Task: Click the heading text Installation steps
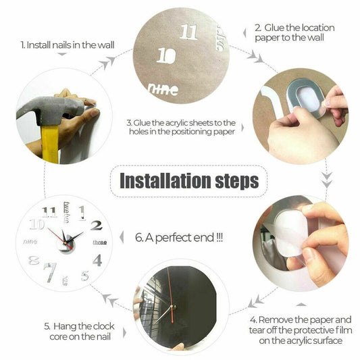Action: [x=188, y=181]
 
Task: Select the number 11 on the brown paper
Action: [x=190, y=32]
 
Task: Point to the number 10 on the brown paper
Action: [x=166, y=56]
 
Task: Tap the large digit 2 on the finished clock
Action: [x=96, y=226]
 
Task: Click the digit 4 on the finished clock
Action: [x=98, y=259]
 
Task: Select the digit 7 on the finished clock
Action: [x=49, y=272]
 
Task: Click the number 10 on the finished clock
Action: [x=36, y=225]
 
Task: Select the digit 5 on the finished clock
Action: [x=85, y=275]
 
